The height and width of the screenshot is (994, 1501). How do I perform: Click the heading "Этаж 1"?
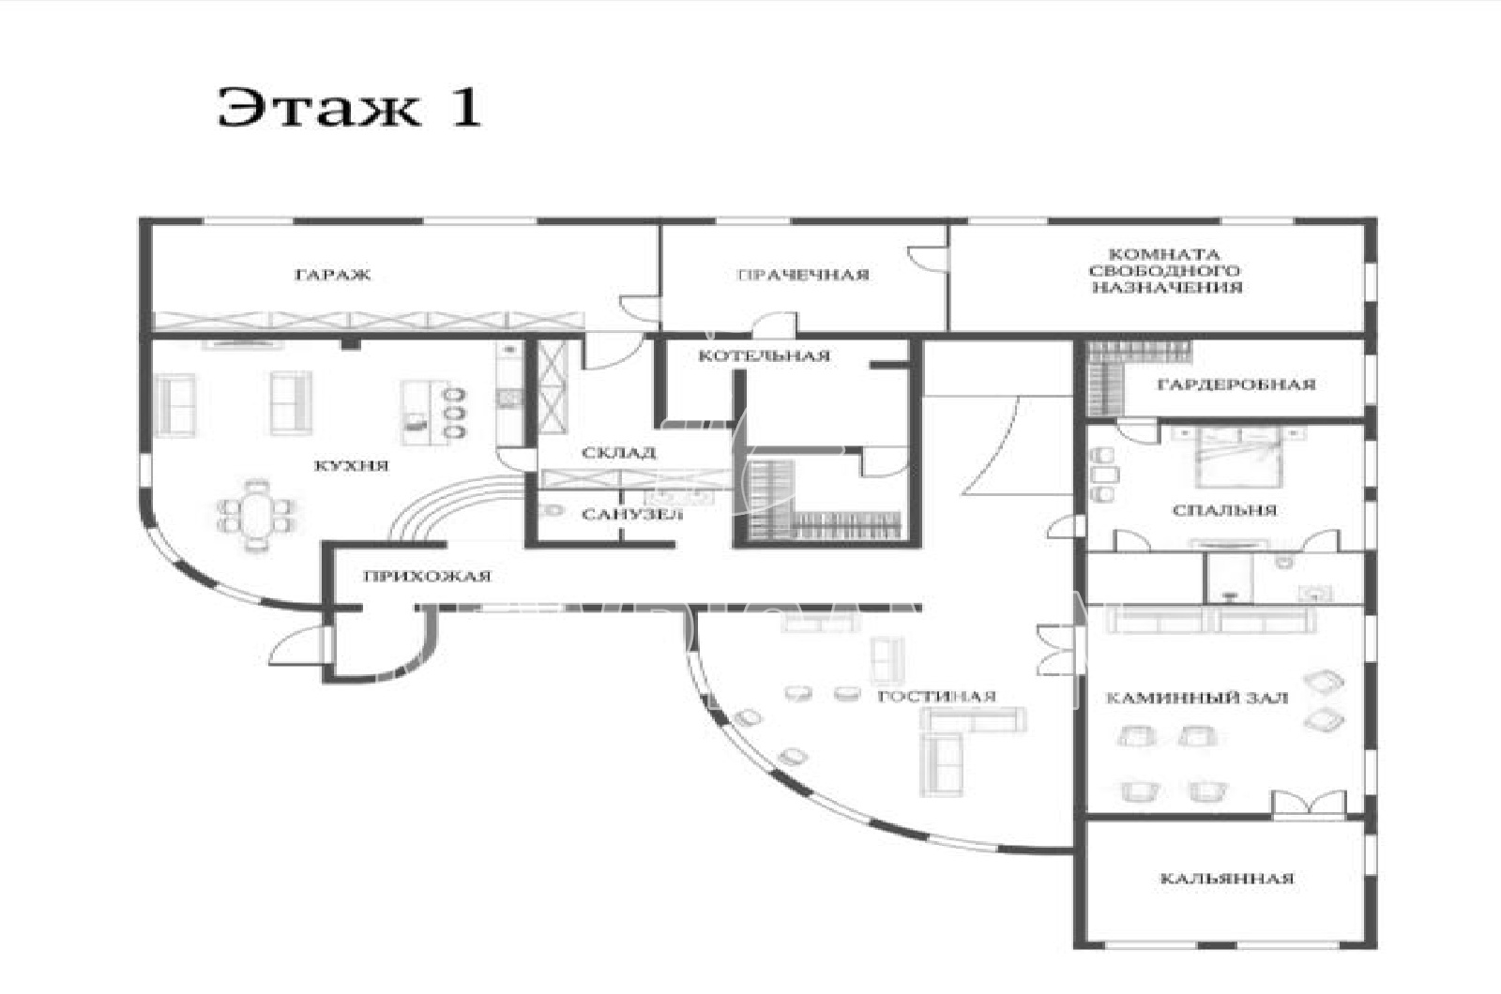(x=349, y=107)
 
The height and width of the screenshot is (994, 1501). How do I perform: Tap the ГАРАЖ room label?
(x=333, y=275)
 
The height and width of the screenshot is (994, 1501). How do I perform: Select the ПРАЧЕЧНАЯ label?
(x=803, y=275)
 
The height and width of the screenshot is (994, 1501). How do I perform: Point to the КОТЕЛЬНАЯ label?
(x=764, y=355)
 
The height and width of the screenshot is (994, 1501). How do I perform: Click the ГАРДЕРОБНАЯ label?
(x=1236, y=384)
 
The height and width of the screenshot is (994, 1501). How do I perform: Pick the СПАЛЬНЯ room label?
(x=1225, y=510)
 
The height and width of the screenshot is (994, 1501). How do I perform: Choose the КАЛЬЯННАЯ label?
(x=1227, y=878)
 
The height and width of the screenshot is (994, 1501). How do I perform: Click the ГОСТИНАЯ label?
(x=937, y=697)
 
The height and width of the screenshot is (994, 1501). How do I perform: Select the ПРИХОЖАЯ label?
(x=427, y=576)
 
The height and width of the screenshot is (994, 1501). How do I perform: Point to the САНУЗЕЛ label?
(x=631, y=515)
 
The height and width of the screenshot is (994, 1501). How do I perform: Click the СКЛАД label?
(x=618, y=453)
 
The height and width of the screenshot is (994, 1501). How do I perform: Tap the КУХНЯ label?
(x=351, y=466)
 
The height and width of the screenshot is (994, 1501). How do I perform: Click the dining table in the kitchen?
(x=257, y=515)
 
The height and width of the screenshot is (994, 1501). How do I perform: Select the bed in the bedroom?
(x=1239, y=458)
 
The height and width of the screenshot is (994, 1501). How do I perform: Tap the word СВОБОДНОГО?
(x=1164, y=271)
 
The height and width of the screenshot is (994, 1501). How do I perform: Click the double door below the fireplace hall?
(x=1309, y=805)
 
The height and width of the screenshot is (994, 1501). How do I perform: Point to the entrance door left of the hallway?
(x=299, y=646)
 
